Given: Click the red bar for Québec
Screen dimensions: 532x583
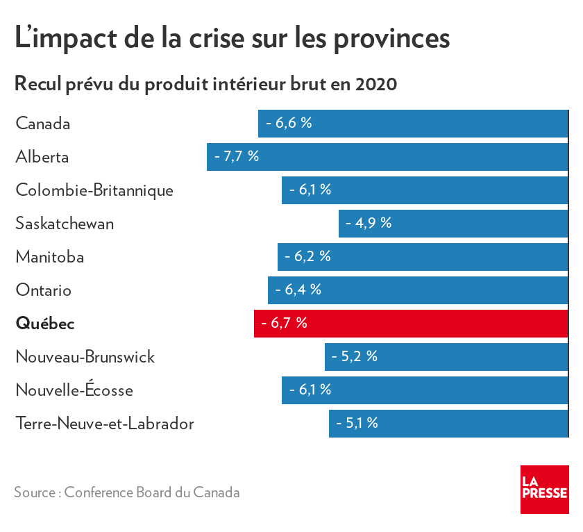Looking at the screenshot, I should point(411,324).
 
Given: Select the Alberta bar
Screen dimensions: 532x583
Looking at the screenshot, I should point(387,157).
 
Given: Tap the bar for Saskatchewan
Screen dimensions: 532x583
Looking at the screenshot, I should point(453,224).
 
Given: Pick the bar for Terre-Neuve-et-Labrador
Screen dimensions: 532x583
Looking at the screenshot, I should point(448,424).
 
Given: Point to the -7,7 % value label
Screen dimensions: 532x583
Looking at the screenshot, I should point(237,157).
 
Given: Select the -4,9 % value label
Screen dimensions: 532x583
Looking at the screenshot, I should point(369,224).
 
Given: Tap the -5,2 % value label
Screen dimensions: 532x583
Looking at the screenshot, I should point(355,357).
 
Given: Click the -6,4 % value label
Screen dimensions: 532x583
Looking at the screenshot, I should point(298,290).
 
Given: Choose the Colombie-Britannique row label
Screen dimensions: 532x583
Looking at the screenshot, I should point(94,190).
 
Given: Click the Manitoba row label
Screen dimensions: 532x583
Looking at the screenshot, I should point(50,257).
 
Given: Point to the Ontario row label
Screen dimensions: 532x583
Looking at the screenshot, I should point(44,290).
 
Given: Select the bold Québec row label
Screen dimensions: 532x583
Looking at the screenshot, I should point(45,324).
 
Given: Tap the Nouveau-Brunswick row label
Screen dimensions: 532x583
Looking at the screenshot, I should point(85,357).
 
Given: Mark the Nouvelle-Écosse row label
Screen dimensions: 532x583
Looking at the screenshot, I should point(74,390).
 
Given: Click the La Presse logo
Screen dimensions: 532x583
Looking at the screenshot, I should point(544,489).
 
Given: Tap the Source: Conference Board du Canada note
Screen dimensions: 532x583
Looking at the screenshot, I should point(127,492).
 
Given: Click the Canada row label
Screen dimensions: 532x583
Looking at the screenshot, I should point(43,124).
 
